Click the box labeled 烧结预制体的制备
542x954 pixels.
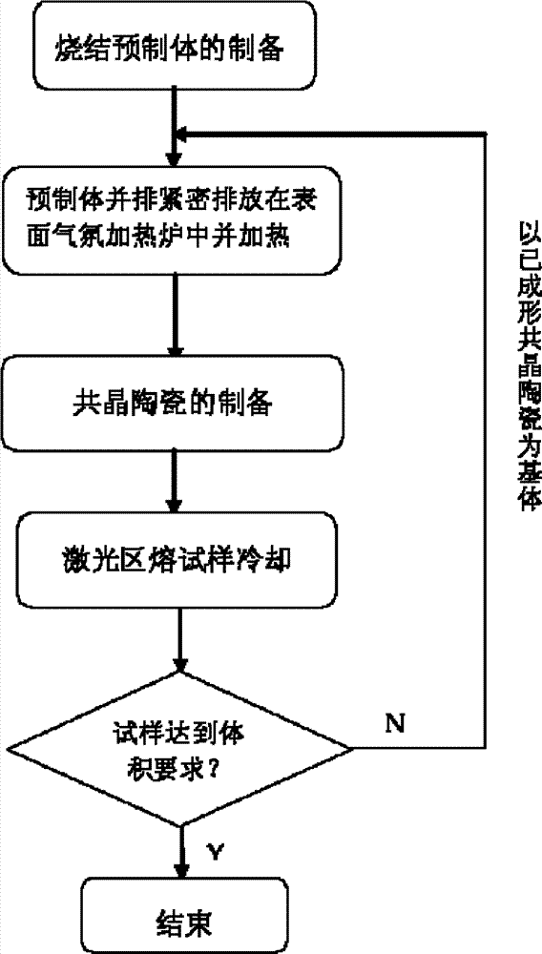[x=176, y=47]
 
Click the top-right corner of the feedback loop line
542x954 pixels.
[x=486, y=133]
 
